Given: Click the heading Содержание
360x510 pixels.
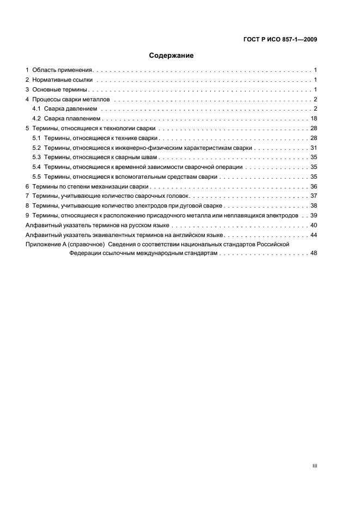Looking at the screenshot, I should pyautogui.click(x=172, y=56).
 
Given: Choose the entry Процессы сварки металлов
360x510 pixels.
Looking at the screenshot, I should pyautogui.click(x=71, y=99).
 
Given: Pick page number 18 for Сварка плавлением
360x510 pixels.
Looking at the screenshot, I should pyautogui.click(x=314, y=119).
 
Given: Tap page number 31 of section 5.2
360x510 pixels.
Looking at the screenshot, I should pyautogui.click(x=314, y=148).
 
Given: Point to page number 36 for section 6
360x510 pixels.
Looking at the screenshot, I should pyautogui.click(x=314, y=186).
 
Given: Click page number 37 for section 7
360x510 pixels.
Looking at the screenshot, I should pyautogui.click(x=314, y=196).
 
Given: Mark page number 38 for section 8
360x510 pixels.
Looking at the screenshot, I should pyautogui.click(x=314, y=206).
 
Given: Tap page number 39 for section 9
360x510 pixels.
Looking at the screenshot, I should pyautogui.click(x=314, y=216).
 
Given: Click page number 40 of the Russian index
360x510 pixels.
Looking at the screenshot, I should pyautogui.click(x=314, y=225).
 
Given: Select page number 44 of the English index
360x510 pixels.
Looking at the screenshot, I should pyautogui.click(x=314, y=235).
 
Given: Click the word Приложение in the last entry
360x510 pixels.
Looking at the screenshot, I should pyautogui.click(x=43, y=245).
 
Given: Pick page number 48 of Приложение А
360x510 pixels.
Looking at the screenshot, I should pyautogui.click(x=314, y=254).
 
